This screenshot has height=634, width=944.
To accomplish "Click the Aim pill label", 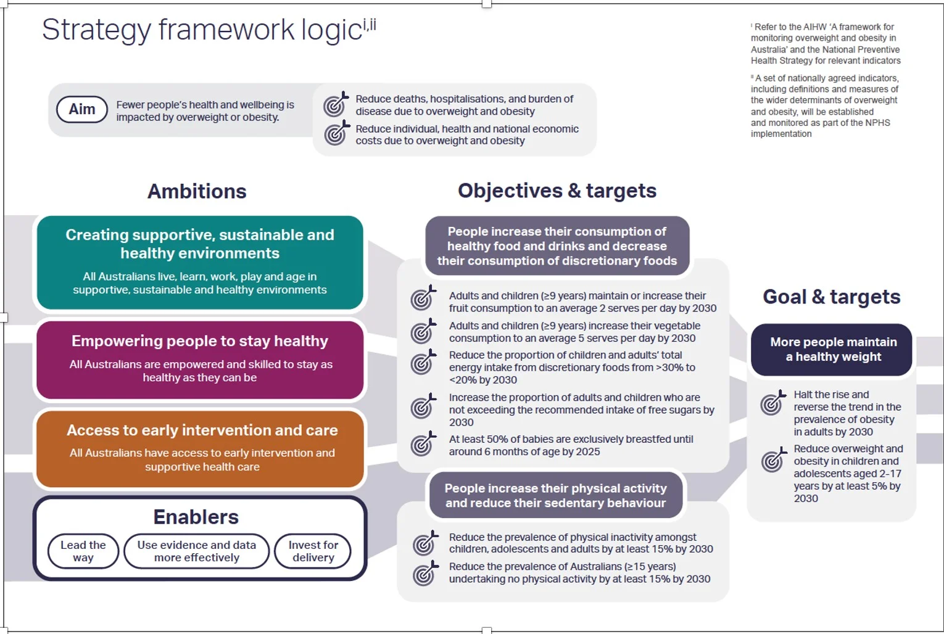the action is point(82,109).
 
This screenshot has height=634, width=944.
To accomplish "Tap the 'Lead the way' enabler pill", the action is point(83,551).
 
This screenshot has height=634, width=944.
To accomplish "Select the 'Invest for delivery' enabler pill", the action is point(313,551).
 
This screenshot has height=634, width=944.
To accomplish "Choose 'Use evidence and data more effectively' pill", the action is point(196,551).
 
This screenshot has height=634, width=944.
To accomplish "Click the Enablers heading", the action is point(196,517).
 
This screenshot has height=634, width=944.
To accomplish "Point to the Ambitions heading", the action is point(197,191).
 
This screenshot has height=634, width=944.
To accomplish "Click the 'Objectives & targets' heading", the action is point(557,191).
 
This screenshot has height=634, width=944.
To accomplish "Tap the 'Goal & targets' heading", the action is point(832,297).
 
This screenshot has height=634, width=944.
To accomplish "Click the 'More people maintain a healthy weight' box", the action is point(832,350).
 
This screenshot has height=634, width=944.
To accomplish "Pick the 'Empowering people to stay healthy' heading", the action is point(200,341).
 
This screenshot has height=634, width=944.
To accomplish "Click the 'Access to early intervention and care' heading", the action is point(202,430).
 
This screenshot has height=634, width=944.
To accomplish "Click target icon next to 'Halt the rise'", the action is point(773,403).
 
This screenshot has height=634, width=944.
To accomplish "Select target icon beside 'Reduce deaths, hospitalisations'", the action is point(336,104).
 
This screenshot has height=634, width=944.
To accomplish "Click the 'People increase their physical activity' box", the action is point(556,495).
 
